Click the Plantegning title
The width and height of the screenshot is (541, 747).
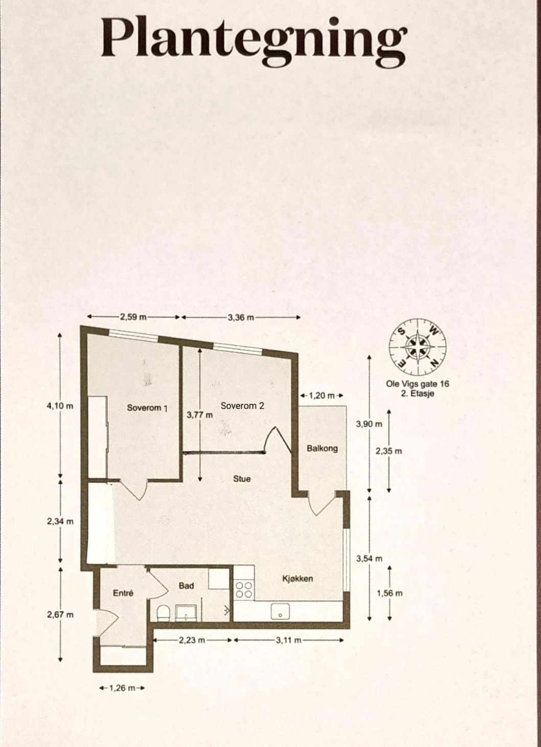254,39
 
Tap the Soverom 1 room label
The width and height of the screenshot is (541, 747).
147,408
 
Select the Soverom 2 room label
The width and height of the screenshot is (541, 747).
242,406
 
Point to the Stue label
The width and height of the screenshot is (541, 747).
242,479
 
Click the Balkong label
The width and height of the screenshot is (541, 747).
322,448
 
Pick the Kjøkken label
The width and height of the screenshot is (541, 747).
298,579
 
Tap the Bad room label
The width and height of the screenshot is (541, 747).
186,585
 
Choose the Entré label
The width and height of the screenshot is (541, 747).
123,593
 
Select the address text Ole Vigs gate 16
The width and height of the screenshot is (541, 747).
418,384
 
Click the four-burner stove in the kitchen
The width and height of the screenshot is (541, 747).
244,590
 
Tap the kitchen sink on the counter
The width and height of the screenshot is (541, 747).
280,612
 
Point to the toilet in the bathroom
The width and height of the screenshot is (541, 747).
163,614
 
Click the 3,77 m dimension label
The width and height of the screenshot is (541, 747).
199,415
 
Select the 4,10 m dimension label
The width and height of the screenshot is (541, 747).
60,406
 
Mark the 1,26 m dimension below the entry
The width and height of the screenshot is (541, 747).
123,688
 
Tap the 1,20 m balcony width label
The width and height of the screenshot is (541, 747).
322,395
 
